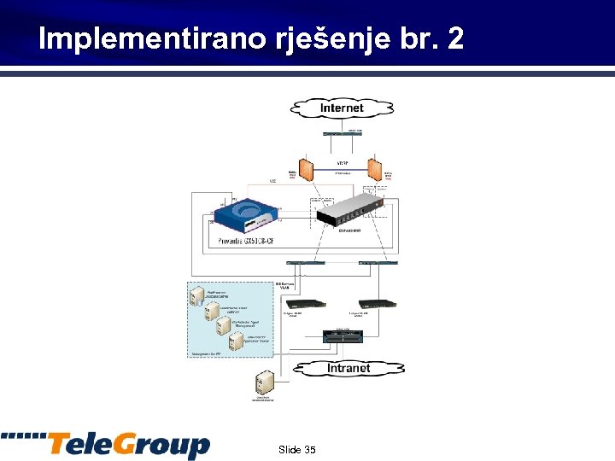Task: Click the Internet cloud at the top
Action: click(342, 108)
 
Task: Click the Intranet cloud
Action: click(348, 368)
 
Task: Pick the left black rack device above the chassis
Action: click(306, 303)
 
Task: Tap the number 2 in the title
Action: click(454, 38)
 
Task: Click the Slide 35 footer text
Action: click(296, 449)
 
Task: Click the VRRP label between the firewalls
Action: click(342, 162)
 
